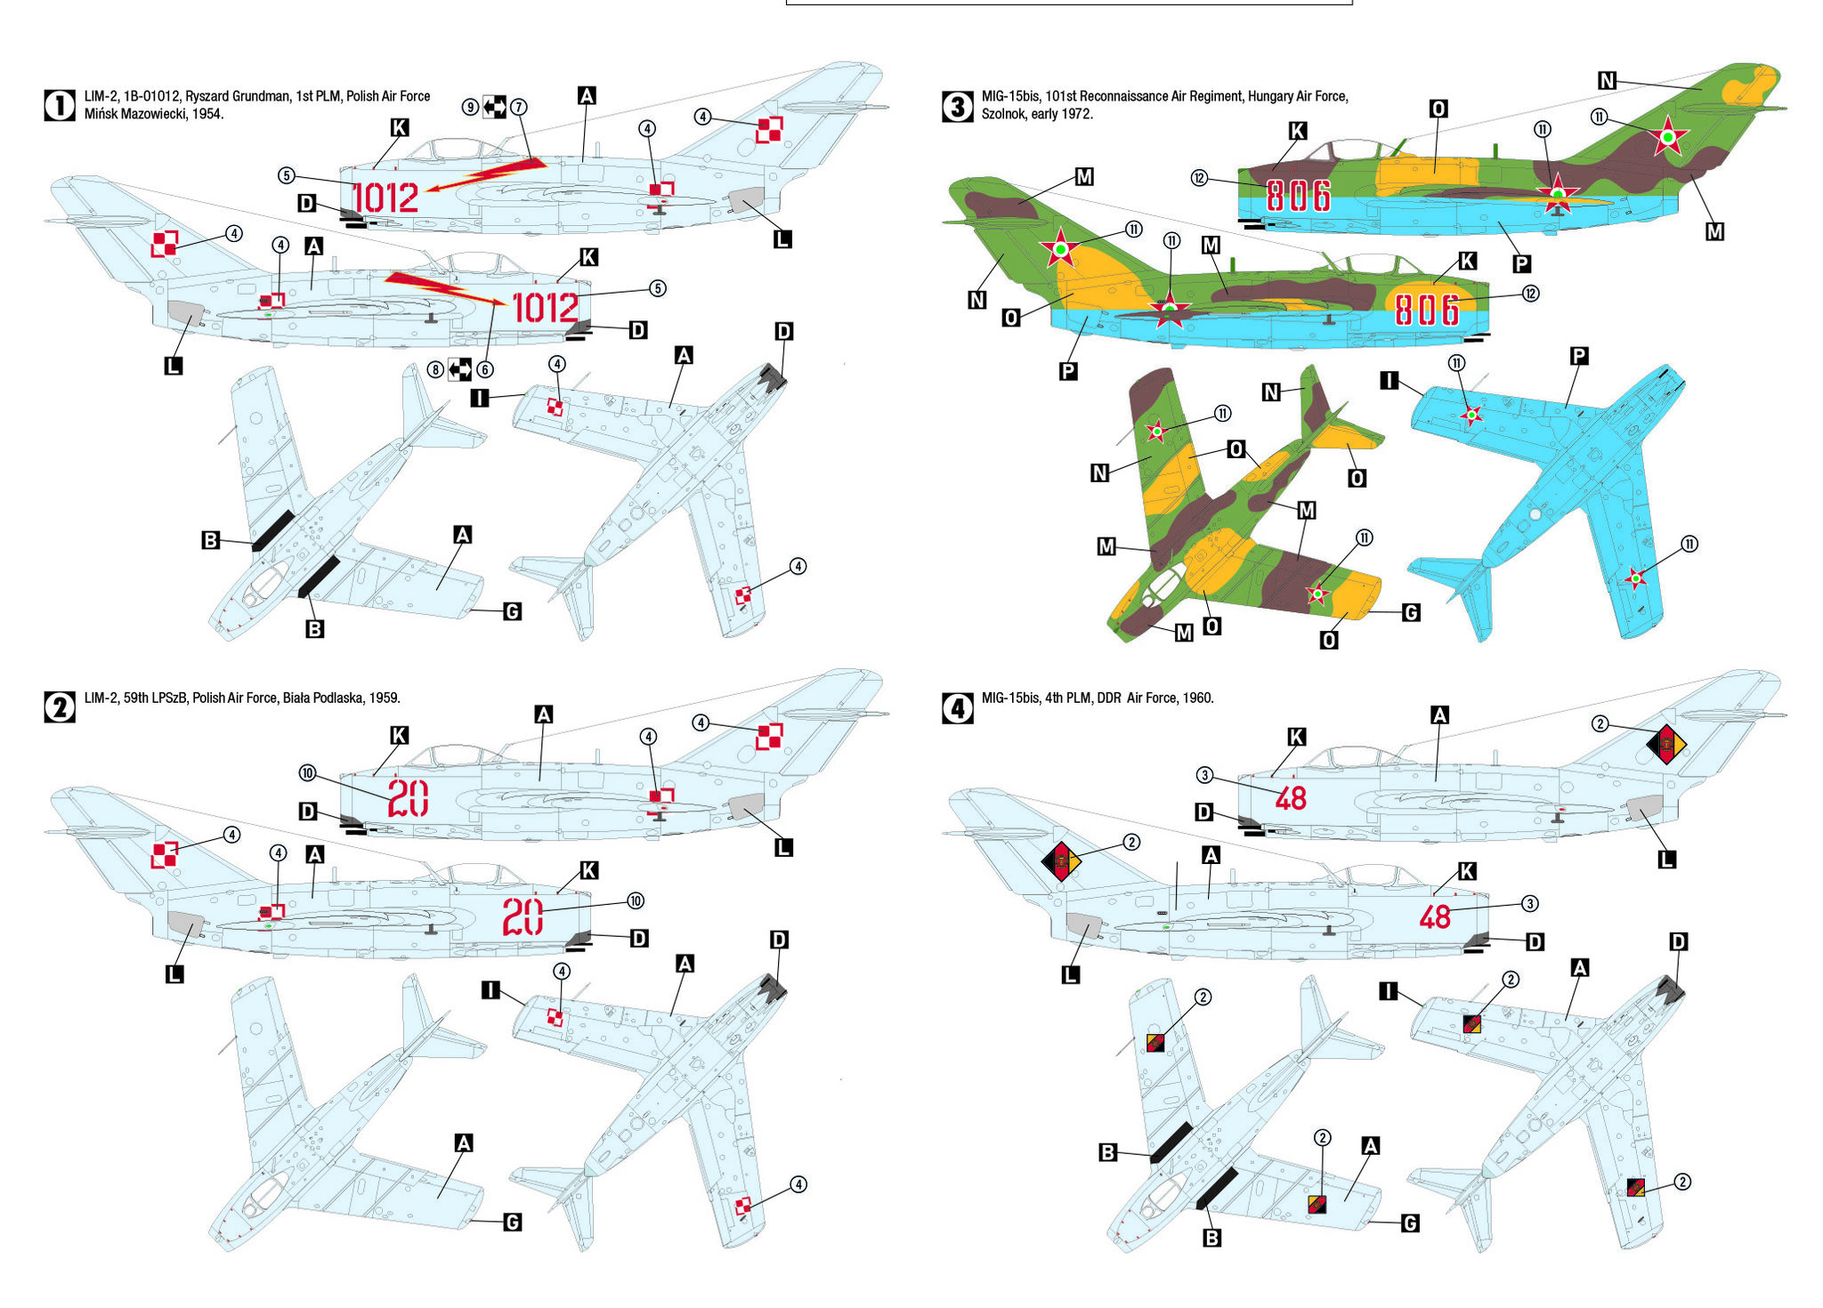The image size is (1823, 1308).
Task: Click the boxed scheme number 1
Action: pyautogui.click(x=60, y=106)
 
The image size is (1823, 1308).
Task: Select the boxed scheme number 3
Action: pyautogui.click(x=957, y=106)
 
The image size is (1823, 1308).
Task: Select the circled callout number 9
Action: pyautogui.click(x=470, y=108)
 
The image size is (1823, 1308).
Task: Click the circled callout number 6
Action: pyautogui.click(x=485, y=369)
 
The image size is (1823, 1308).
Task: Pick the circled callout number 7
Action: pyautogui.click(x=519, y=108)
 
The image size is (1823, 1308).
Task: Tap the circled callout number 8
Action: pyautogui.click(x=435, y=369)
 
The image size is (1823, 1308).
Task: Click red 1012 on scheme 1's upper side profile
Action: pyautogui.click(x=385, y=198)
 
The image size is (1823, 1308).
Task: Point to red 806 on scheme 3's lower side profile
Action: pyautogui.click(x=1427, y=310)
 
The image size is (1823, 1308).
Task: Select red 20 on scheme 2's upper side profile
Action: pyautogui.click(x=408, y=797)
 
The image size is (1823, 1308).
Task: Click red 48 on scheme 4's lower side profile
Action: pyautogui.click(x=1435, y=916)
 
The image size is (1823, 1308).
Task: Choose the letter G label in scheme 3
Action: pyautogui.click(x=1411, y=612)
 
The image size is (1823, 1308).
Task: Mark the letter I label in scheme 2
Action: pyautogui.click(x=490, y=990)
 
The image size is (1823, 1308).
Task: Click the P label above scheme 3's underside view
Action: pyautogui.click(x=1578, y=356)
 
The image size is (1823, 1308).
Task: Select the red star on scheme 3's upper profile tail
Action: pyautogui.click(x=1667, y=137)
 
